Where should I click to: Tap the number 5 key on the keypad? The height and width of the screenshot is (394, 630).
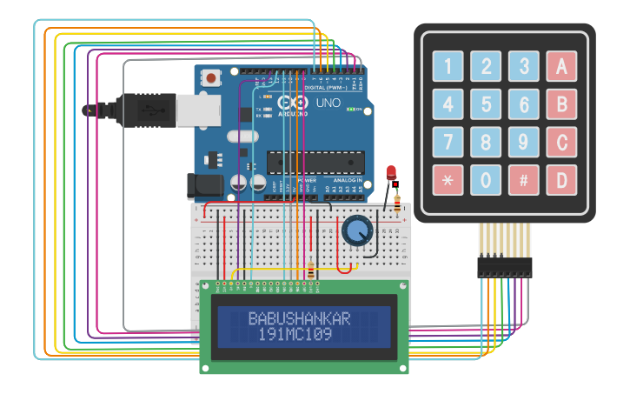[x=486, y=104]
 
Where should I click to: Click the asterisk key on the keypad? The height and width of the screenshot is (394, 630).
[x=448, y=179]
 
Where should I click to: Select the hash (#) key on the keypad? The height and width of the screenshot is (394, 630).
[x=523, y=179]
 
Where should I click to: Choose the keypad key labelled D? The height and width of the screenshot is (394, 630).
[x=560, y=179]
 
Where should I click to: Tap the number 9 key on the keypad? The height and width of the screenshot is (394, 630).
[x=523, y=142]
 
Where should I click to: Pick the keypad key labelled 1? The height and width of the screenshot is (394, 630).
[x=448, y=66]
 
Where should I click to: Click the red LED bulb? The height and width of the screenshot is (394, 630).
[x=391, y=170]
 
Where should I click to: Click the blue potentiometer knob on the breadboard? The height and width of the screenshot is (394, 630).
[x=357, y=230]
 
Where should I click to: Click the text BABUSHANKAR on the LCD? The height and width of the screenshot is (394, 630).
[x=300, y=318]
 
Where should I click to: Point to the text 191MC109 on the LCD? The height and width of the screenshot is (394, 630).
[x=295, y=334]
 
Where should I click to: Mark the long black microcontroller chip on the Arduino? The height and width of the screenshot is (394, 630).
[x=315, y=163]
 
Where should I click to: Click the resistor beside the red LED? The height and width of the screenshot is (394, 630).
[x=398, y=204]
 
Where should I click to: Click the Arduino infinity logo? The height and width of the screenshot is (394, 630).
[x=293, y=103]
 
